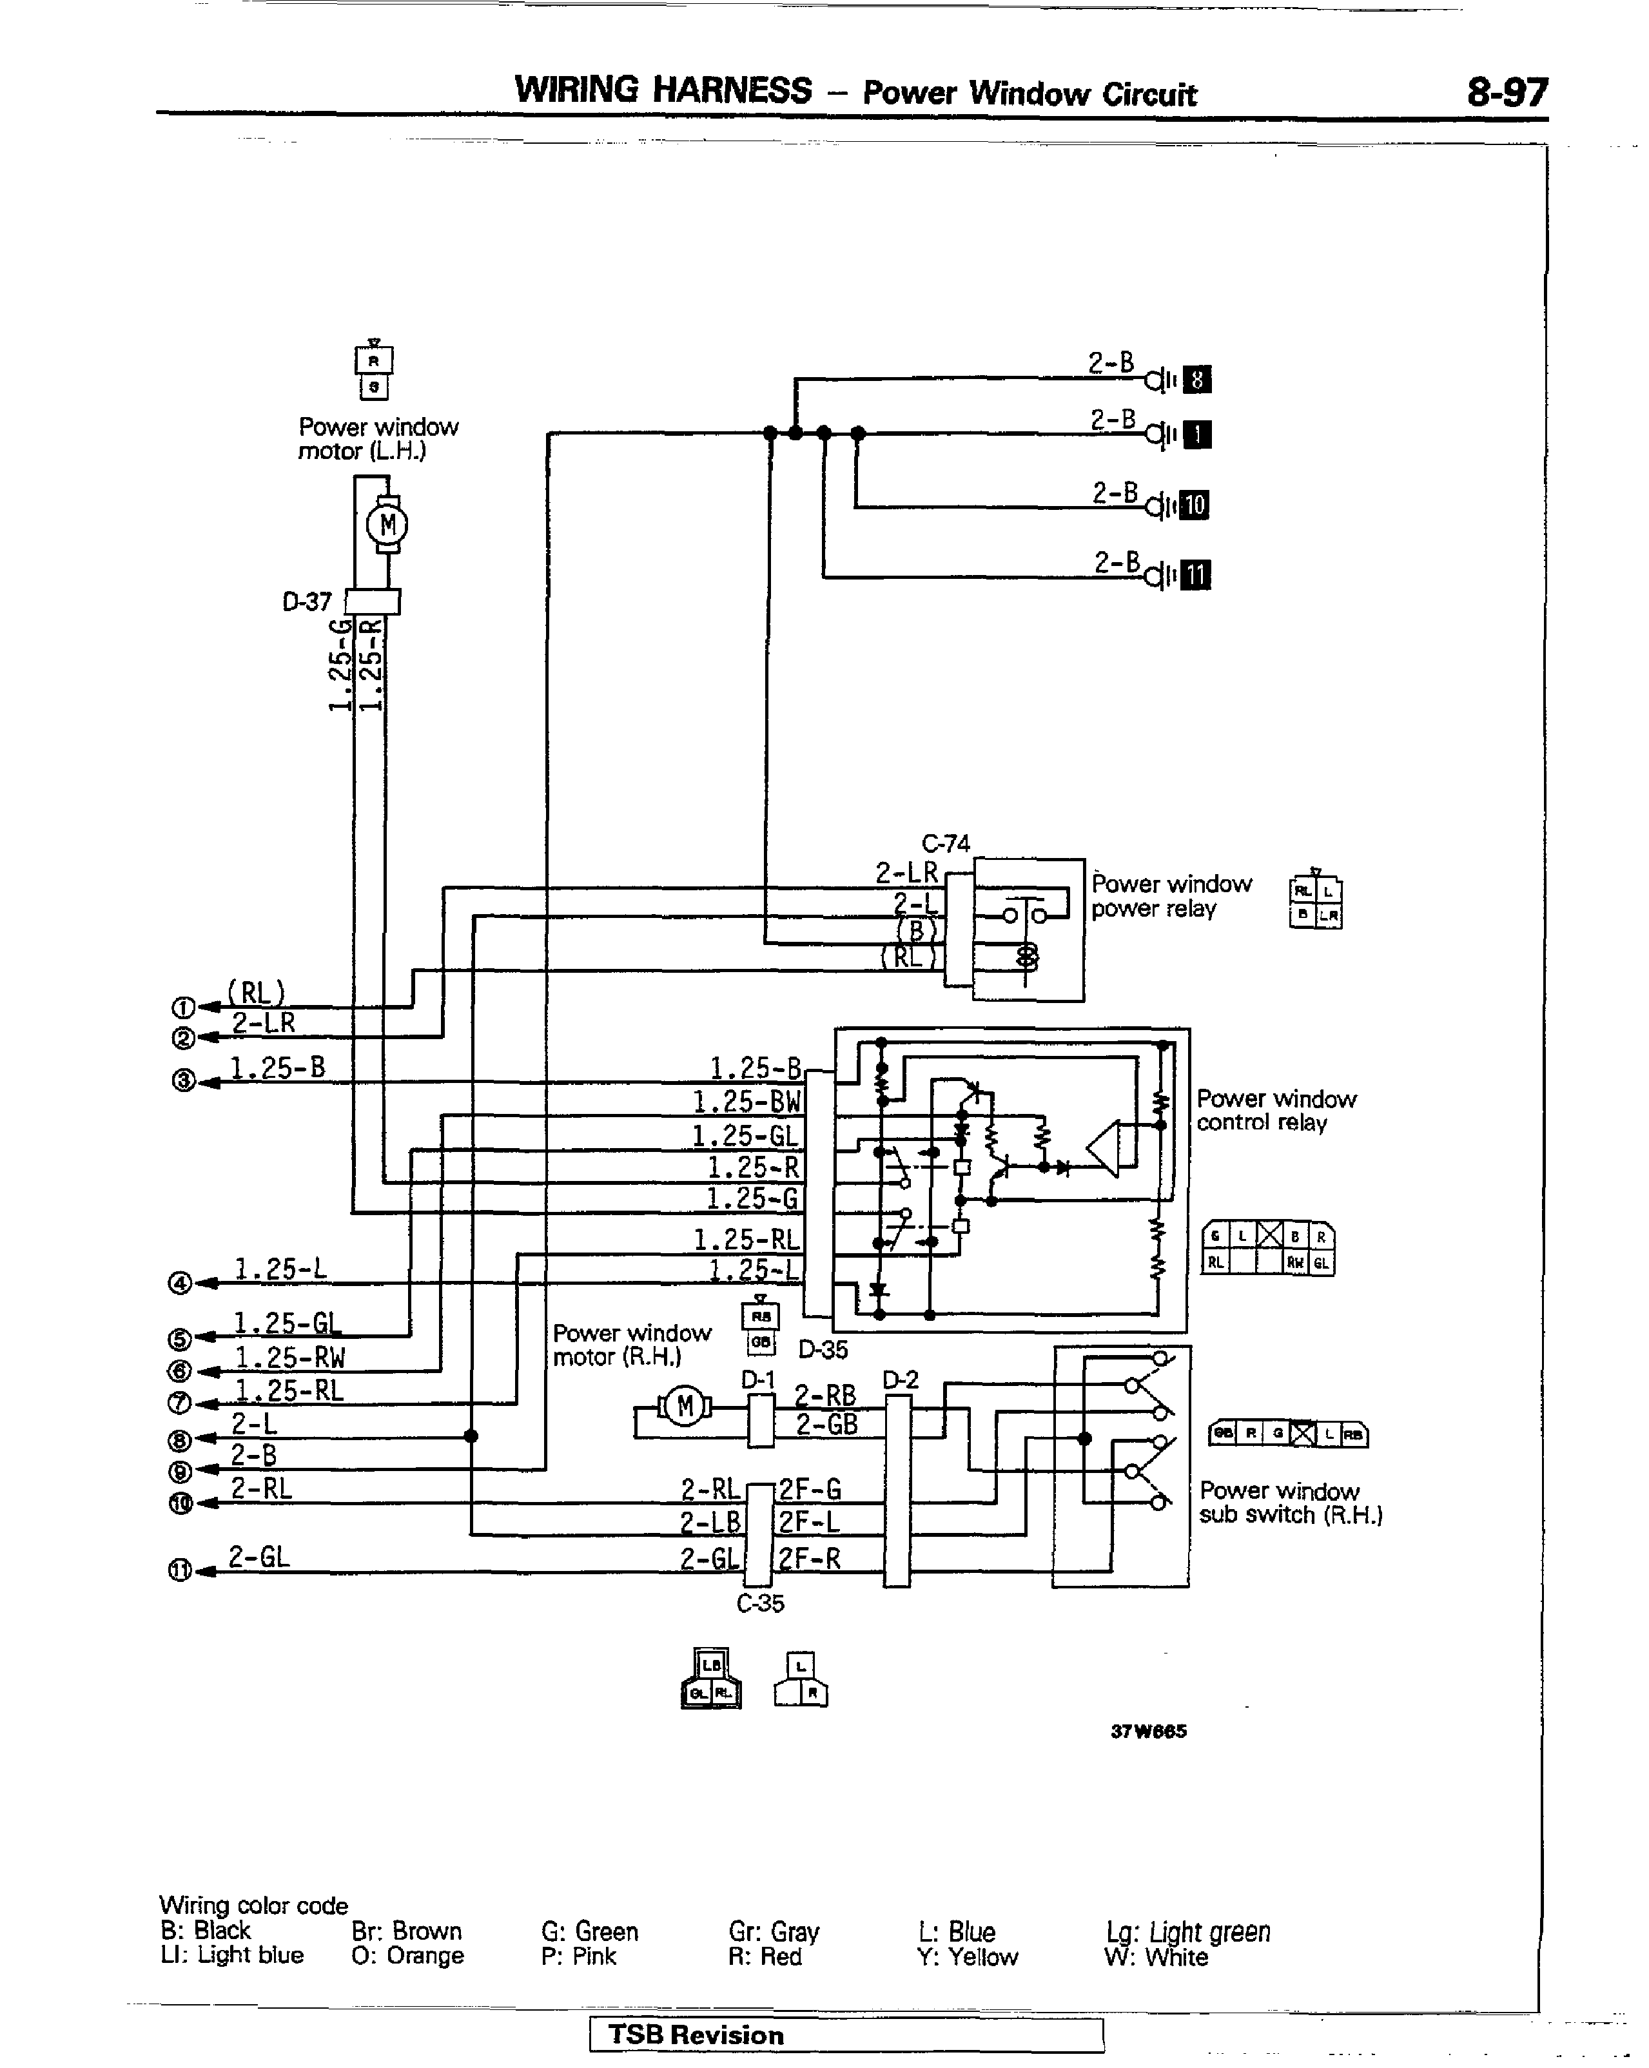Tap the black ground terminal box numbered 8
[x=1196, y=380]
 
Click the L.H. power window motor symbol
[x=387, y=525]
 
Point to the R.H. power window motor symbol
[x=685, y=1407]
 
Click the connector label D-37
[x=307, y=602]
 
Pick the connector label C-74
[x=946, y=843]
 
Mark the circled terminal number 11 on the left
[x=179, y=1570]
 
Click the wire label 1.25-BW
[x=746, y=1102]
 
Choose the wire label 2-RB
[x=825, y=1396]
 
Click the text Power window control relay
[x=1276, y=1111]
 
